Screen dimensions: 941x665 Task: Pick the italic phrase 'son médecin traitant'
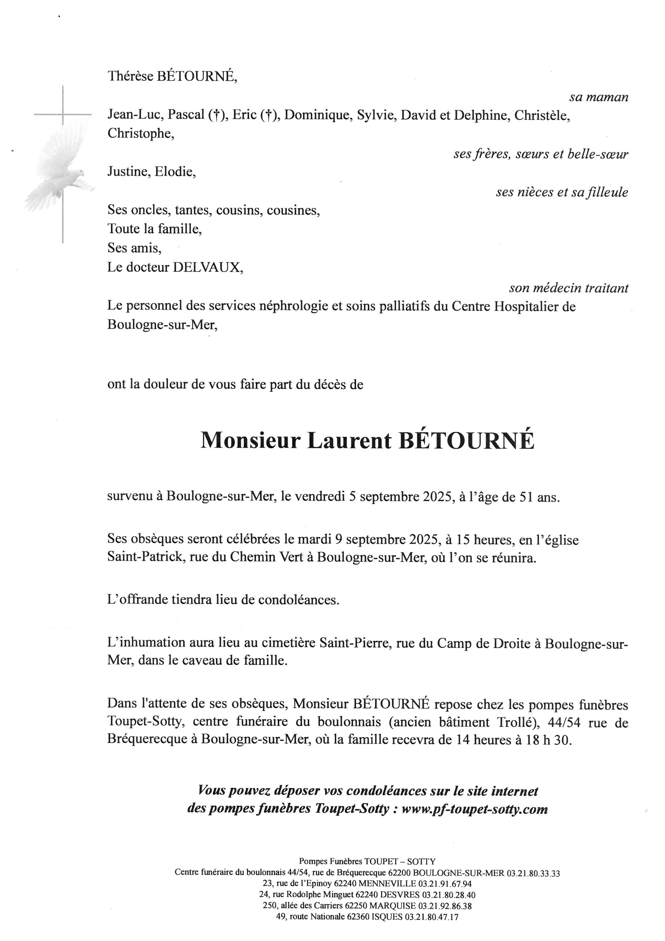coord(568,288)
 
